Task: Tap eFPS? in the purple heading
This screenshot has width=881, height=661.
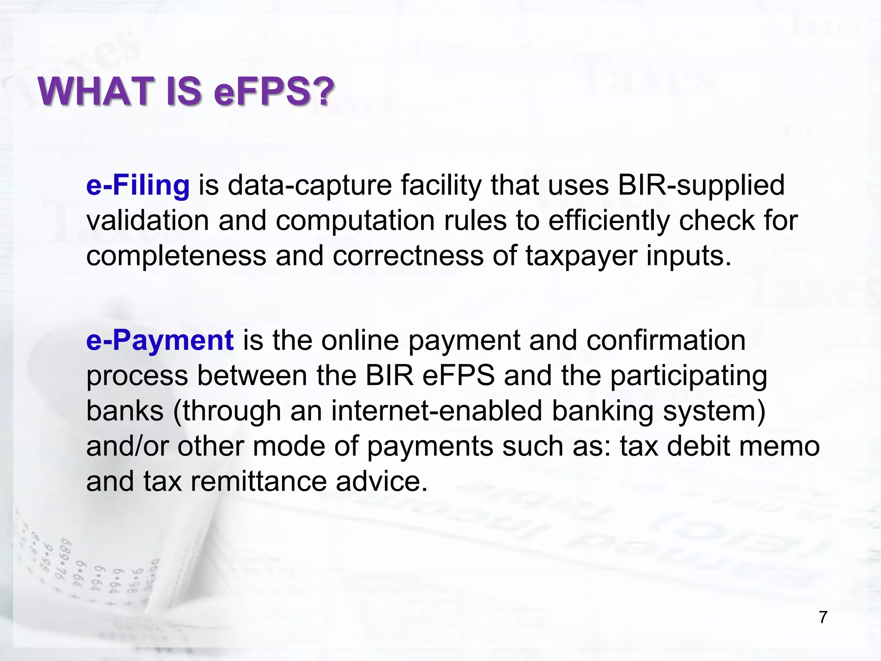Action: click(x=274, y=91)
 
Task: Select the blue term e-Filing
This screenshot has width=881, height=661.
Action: click(x=138, y=185)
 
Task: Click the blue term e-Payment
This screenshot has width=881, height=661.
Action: click(x=160, y=340)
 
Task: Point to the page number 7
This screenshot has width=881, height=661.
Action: click(x=823, y=617)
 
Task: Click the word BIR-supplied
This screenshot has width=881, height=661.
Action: click(x=701, y=185)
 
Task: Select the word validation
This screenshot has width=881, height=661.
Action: click(x=148, y=220)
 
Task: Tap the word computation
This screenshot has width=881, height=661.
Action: click(x=355, y=220)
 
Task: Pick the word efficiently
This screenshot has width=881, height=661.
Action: click(x=609, y=220)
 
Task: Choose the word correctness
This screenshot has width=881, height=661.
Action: click(x=408, y=256)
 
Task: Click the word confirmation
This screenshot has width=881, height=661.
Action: click(x=666, y=340)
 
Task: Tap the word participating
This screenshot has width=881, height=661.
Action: click(x=689, y=376)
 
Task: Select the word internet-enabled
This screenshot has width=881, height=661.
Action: click(x=437, y=411)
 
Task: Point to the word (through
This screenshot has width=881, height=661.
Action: click(x=227, y=411)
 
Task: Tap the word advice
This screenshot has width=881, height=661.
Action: click(x=382, y=482)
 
